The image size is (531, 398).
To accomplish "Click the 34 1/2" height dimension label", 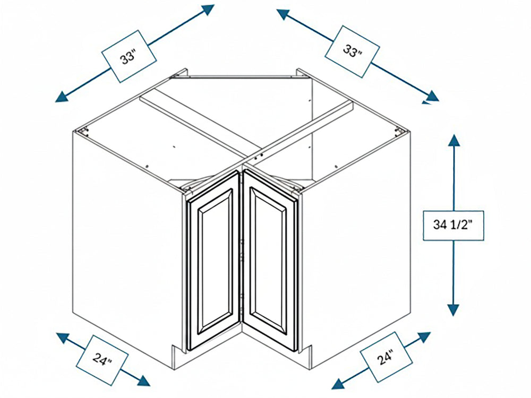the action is tap(453, 226).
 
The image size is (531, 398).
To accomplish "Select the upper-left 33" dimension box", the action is tap(130, 56).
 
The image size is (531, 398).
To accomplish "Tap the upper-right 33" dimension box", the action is tap(352, 51).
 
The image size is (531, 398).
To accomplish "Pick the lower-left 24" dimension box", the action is tap(102, 360).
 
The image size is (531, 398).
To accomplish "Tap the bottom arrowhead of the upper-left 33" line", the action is tap(62, 97).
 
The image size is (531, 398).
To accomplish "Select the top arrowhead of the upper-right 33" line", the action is tap(284, 14).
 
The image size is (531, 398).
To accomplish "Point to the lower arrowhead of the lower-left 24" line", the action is tap(142, 380).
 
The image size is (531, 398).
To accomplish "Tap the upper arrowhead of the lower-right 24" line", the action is tap(424, 338).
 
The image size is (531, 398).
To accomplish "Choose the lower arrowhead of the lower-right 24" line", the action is tap(339, 384).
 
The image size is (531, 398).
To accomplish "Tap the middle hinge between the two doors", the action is tap(241, 258).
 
